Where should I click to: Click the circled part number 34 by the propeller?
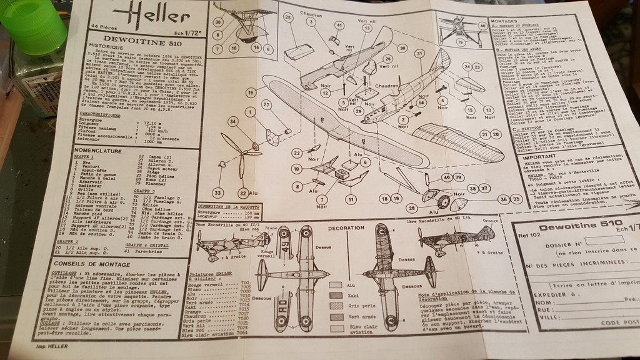[x=232, y=121]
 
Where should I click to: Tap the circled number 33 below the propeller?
[x=218, y=192]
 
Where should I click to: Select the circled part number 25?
[x=288, y=17]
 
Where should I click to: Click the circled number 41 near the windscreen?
[x=340, y=25]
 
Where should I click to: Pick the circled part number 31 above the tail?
[x=419, y=54]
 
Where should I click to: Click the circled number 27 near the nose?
[x=267, y=104]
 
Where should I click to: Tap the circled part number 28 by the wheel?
[x=411, y=208]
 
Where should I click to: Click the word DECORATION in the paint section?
[x=346, y=229]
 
